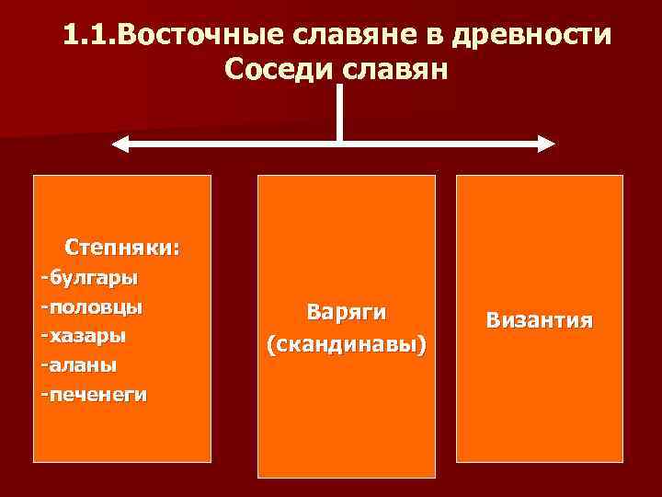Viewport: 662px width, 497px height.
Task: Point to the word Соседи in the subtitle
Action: [x=273, y=70]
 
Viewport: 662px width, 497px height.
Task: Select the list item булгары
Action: [x=94, y=275]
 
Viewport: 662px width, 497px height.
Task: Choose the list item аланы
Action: [x=84, y=364]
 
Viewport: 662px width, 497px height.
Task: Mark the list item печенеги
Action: [x=98, y=394]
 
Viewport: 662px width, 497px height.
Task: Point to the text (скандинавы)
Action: [x=347, y=345]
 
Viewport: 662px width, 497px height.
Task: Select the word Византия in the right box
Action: [x=540, y=320]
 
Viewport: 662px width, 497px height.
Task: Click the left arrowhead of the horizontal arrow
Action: [x=119, y=143]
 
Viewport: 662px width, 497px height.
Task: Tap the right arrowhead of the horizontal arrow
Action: [x=547, y=143]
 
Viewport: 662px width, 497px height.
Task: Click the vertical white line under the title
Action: [x=339, y=110]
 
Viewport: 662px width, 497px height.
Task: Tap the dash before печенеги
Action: [x=44, y=394]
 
